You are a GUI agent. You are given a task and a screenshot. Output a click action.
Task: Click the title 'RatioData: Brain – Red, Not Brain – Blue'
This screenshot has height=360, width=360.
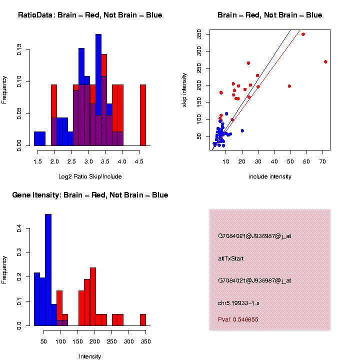[x=90, y=15]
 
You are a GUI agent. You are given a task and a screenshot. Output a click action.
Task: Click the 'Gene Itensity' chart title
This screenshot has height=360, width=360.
[x=90, y=195]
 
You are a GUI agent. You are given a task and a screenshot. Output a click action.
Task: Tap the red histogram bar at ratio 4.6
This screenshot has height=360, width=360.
[x=143, y=114]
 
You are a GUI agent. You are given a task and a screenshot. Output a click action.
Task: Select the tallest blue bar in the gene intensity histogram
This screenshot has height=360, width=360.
[x=48, y=269]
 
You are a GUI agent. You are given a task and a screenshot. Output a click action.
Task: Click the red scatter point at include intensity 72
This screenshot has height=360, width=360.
[x=325, y=62]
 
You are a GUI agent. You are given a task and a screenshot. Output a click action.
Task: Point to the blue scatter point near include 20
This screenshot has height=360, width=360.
[x=242, y=130]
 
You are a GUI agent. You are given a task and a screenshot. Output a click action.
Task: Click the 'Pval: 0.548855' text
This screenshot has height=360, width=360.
[x=238, y=319]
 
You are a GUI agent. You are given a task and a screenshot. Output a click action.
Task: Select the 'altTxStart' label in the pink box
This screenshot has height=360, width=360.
[x=231, y=258]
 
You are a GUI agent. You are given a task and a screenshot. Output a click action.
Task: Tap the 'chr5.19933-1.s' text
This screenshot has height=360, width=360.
[x=238, y=303]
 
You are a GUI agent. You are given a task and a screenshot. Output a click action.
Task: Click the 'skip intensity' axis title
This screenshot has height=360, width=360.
[x=184, y=88]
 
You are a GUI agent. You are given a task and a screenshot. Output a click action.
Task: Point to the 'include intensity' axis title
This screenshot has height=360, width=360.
[x=270, y=176]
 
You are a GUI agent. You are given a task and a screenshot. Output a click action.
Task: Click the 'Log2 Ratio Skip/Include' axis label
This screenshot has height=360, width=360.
[x=90, y=176]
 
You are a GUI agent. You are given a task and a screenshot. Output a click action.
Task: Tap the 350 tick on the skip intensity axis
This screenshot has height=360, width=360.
[x=199, y=34]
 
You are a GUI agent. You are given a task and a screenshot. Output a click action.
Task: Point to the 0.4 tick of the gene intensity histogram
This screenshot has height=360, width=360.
[x=19, y=228]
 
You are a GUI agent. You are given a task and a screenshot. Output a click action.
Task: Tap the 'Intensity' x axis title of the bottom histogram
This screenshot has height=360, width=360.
[x=90, y=356]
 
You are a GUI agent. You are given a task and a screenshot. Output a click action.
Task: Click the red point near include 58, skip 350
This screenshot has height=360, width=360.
[x=303, y=34]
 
